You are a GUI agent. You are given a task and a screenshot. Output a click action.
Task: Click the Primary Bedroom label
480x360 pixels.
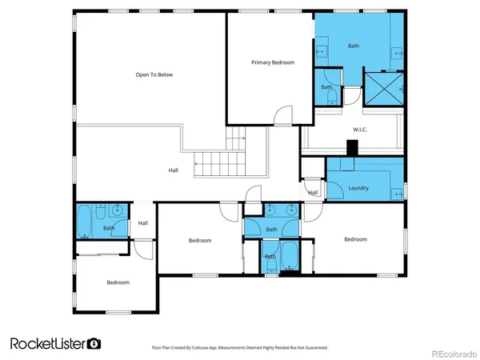[x=273, y=62]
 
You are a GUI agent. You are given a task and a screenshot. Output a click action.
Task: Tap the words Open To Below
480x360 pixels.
[x=154, y=74]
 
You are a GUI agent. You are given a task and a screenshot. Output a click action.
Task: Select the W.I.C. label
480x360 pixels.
[x=359, y=129]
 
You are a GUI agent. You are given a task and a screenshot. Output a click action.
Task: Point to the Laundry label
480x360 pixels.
[x=358, y=188]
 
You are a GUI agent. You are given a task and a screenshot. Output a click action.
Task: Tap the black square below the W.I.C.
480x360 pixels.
[x=351, y=148]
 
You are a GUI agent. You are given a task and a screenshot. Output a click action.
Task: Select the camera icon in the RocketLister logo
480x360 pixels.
[x=94, y=343]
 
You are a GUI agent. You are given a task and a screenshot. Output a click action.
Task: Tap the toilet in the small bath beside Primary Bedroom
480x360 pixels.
[x=327, y=98]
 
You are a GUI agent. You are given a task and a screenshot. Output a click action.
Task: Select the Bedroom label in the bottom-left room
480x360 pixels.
[x=118, y=282]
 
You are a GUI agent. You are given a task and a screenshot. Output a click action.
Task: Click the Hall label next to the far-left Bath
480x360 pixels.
[x=142, y=223]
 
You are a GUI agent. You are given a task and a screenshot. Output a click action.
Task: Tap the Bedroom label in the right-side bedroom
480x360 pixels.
[x=355, y=238]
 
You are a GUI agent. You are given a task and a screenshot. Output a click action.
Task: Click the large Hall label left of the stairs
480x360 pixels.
[x=174, y=170]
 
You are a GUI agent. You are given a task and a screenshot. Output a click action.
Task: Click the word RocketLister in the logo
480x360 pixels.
[x=46, y=343]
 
